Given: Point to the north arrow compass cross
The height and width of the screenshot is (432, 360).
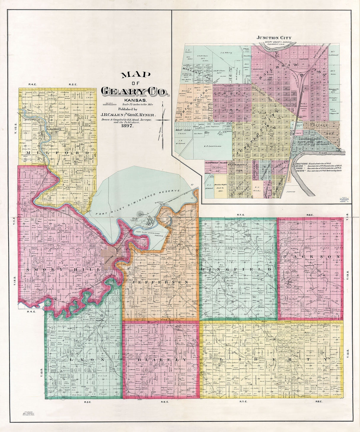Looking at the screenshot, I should point(163,120).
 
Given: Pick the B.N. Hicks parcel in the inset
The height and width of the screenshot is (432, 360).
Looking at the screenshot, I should point(257,189).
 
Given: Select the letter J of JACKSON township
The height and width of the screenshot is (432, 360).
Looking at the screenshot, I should point(286,256).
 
